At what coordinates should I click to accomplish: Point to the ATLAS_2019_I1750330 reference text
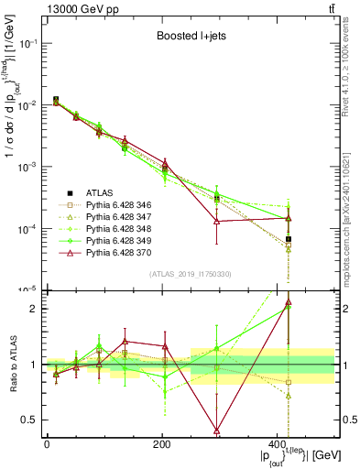click(x=191, y=274)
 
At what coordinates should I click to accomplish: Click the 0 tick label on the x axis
click(x=47, y=443)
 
